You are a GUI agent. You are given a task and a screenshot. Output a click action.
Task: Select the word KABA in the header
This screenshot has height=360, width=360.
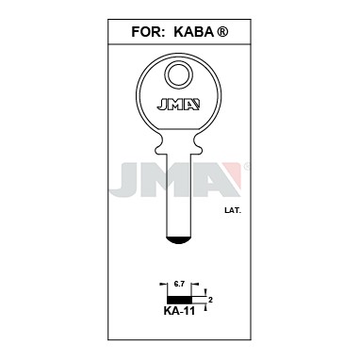pos(193,32)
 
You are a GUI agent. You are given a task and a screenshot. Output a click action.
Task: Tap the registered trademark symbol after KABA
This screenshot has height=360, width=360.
pos(222,32)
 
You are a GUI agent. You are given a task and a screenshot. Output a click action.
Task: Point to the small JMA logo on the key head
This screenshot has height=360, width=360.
pos(178,105)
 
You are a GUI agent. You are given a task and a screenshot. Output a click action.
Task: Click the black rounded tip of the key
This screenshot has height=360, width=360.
pos(179,240)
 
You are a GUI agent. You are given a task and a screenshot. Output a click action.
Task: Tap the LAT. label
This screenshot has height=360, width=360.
pos(233,211)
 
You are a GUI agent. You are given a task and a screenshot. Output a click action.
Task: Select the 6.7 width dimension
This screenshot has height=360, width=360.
pos(179,285)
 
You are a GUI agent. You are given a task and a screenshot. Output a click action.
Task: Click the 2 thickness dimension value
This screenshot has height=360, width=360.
pos(210,300)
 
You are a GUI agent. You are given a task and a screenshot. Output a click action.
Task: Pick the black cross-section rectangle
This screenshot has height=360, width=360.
pos(179,300)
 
